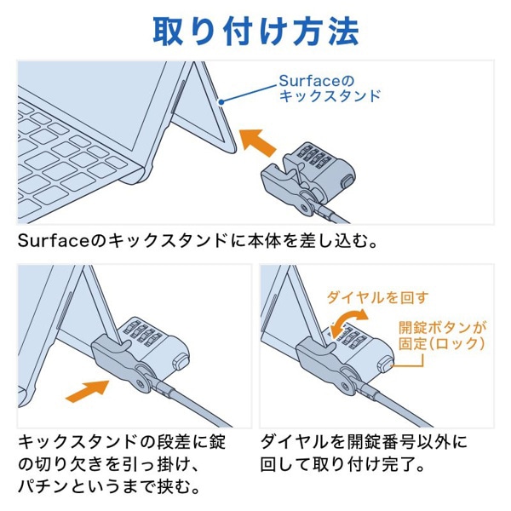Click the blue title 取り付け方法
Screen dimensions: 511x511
[x=255, y=30]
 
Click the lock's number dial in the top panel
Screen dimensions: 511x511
[x=316, y=157]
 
